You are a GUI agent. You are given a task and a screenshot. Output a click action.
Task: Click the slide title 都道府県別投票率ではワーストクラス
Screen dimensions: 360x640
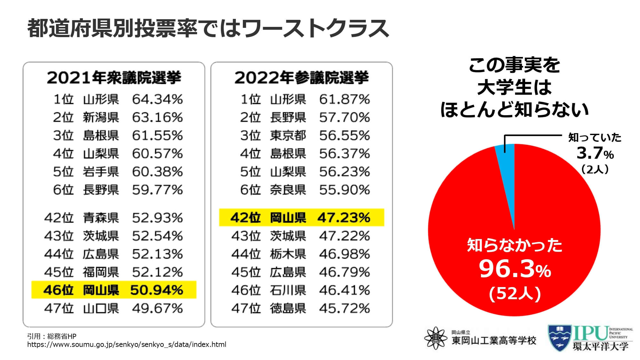click(208, 28)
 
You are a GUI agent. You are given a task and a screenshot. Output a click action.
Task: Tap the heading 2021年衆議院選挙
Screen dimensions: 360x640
click(114, 78)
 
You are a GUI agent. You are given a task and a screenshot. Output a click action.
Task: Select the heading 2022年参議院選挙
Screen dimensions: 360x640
click(301, 78)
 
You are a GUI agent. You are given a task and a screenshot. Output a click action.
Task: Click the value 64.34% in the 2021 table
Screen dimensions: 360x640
click(157, 100)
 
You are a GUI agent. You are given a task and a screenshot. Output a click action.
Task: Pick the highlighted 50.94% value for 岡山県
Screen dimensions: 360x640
click(156, 290)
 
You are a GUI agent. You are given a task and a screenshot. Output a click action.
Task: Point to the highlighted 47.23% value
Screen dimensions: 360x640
click(344, 218)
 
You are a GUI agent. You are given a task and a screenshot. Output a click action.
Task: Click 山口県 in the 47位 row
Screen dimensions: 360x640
click(101, 308)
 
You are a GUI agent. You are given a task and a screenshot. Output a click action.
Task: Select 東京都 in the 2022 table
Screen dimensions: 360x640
click(288, 136)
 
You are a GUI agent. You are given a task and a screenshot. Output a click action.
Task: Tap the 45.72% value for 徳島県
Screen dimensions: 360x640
click(344, 308)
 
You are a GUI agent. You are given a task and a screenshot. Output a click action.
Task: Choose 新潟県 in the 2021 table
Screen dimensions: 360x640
click(101, 117)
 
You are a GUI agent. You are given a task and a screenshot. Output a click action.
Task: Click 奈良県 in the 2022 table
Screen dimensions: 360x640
click(288, 190)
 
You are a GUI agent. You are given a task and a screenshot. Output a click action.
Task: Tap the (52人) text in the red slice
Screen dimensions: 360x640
click(515, 293)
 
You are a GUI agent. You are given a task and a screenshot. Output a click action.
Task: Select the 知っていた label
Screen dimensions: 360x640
click(595, 138)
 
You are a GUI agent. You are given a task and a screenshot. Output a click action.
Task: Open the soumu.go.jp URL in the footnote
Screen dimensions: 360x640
click(127, 345)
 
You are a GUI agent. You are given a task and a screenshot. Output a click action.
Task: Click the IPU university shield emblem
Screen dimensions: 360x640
click(559, 338)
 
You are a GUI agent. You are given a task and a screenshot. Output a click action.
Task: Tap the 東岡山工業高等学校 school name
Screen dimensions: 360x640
click(494, 340)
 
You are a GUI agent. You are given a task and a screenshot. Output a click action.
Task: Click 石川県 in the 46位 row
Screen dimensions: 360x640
click(288, 290)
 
